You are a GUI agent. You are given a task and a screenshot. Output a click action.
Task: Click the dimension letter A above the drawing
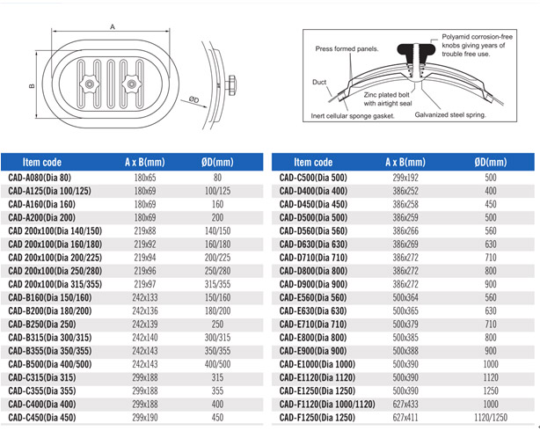[x=113, y=26]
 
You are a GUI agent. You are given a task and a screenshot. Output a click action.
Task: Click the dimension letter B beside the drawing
[x=32, y=85]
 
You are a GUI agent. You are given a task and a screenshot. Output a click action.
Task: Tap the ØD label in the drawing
[x=193, y=99]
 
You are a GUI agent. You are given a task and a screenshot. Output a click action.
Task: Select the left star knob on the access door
[x=89, y=84]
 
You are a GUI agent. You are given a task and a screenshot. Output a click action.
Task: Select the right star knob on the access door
[x=131, y=84]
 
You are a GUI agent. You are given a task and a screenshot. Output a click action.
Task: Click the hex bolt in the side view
[x=231, y=84]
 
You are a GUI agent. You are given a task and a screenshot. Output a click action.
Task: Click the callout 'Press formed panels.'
[x=347, y=49]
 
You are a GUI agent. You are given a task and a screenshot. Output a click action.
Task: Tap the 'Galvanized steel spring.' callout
[x=450, y=115]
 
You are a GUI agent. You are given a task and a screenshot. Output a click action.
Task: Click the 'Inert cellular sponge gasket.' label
[x=353, y=116]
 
